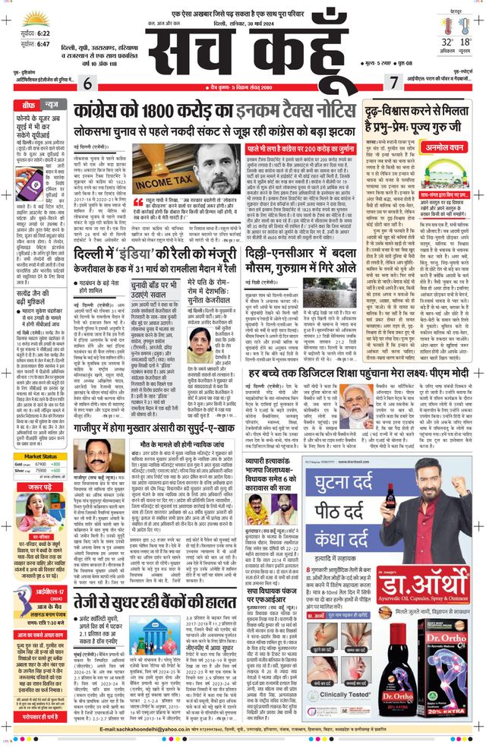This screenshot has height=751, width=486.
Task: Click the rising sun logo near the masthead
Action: tap(36, 17)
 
